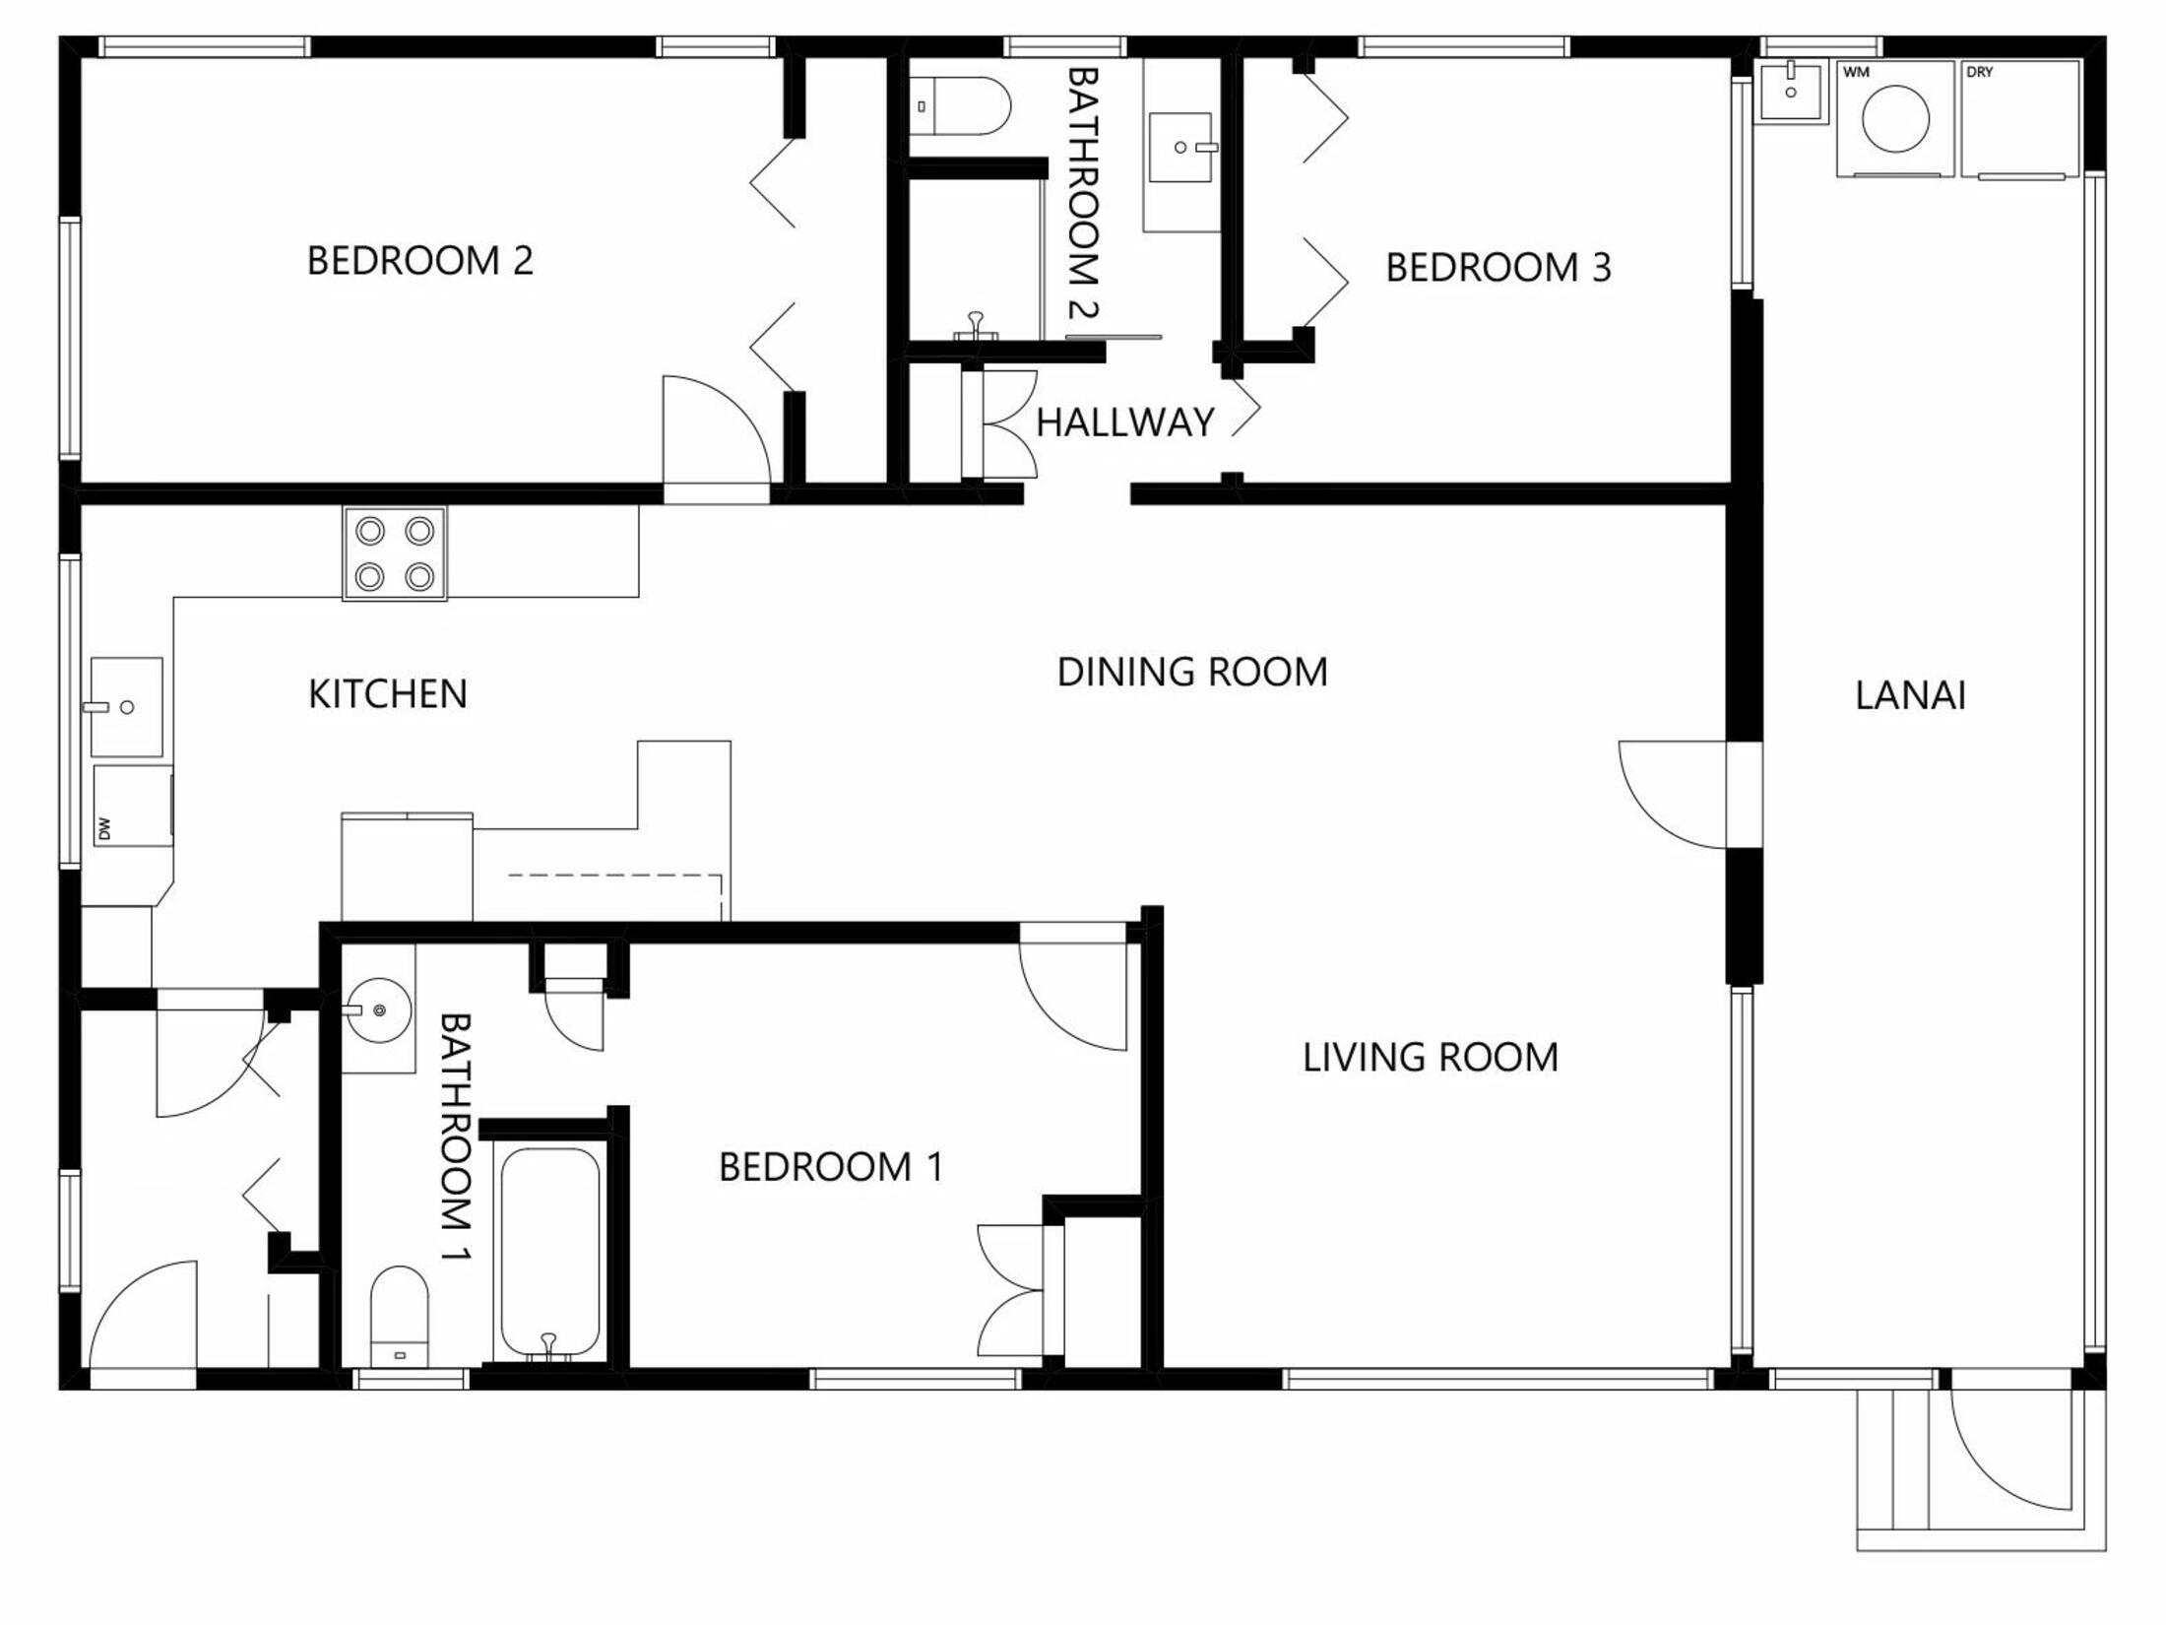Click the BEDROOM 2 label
click(x=420, y=261)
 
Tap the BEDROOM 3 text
click(x=1498, y=268)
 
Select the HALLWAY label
click(x=1125, y=422)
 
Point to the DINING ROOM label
click(x=1192, y=673)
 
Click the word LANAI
click(x=1911, y=696)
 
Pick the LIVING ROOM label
click(x=1431, y=1058)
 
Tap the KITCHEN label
click(x=388, y=694)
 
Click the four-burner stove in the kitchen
click(x=395, y=553)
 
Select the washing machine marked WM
click(x=1895, y=118)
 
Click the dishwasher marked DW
click(x=133, y=806)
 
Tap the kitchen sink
click(x=126, y=707)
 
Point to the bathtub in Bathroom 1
click(x=549, y=1255)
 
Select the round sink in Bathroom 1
click(x=379, y=1009)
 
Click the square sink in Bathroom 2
click(x=1180, y=148)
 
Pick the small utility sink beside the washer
click(x=1791, y=91)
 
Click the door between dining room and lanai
click(x=1674, y=795)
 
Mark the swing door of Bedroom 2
click(x=717, y=439)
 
